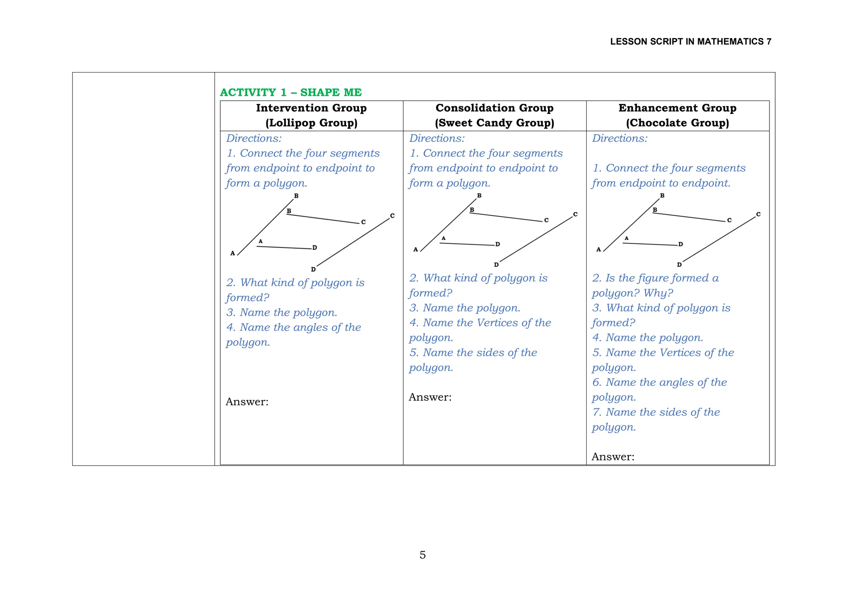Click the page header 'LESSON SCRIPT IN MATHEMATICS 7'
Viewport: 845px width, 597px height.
(x=690, y=42)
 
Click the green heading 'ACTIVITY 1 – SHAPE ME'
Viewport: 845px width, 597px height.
(x=290, y=92)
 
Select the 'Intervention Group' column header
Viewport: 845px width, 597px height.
(x=311, y=108)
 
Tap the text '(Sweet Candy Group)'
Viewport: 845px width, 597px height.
(x=494, y=123)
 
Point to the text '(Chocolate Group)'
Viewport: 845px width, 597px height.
(x=677, y=123)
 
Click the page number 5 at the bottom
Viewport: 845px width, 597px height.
(x=422, y=555)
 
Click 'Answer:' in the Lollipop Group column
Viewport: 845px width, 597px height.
(x=247, y=402)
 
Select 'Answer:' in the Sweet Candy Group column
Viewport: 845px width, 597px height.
(x=430, y=397)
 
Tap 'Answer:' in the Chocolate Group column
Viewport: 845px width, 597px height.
(x=613, y=457)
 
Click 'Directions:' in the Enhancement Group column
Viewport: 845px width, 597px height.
(x=619, y=139)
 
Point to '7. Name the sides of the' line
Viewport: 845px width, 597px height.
(x=656, y=412)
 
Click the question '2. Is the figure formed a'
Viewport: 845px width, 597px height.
(x=655, y=278)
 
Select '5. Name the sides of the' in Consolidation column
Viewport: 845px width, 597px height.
(x=473, y=353)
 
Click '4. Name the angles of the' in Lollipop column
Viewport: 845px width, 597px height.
(x=293, y=328)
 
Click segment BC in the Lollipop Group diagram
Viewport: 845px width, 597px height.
(x=323, y=219)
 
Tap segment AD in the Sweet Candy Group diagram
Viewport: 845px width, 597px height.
(x=467, y=244)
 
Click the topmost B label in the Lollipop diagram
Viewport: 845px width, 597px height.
(x=296, y=196)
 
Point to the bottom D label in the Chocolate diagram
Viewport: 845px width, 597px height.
(x=679, y=265)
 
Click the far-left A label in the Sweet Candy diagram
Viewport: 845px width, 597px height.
(x=415, y=249)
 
